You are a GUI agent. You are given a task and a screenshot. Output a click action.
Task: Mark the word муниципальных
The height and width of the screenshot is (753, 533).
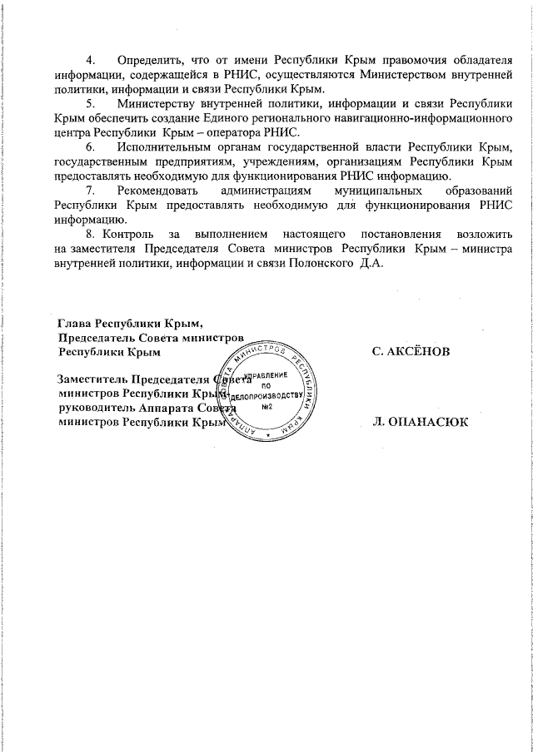pyautogui.click(x=368, y=192)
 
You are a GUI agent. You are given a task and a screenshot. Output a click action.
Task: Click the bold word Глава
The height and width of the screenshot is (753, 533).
pyautogui.click(x=74, y=323)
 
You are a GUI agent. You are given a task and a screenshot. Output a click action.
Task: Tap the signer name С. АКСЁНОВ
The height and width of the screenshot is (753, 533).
pyautogui.click(x=411, y=352)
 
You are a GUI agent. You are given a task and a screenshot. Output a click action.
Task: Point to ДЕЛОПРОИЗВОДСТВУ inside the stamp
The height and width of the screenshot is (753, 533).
pyautogui.click(x=264, y=396)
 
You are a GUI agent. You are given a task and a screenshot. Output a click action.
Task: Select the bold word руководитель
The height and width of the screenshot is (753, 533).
pyautogui.click(x=93, y=408)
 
